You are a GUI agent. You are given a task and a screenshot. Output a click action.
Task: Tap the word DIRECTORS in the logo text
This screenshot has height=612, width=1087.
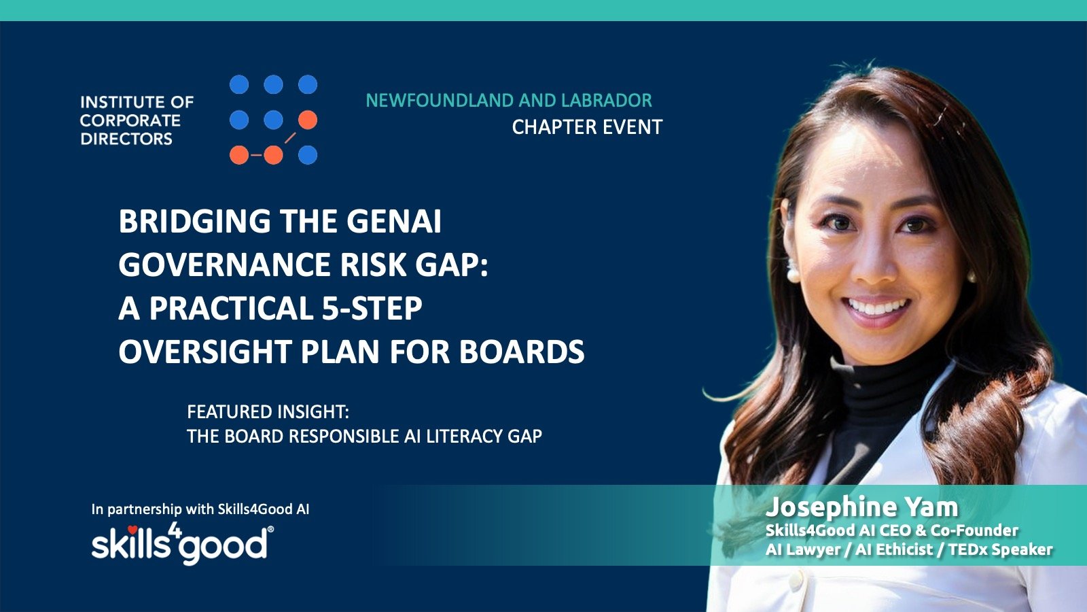126,139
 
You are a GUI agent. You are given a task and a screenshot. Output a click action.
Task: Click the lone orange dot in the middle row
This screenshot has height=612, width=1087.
308,120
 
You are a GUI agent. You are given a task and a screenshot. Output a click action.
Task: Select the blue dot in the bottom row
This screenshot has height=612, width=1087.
308,155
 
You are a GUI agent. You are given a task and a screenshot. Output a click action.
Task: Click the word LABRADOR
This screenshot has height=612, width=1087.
607,101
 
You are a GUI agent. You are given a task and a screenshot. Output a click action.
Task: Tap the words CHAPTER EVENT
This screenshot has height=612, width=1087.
587,127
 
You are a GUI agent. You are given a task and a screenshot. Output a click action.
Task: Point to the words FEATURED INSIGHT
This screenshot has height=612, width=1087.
268,412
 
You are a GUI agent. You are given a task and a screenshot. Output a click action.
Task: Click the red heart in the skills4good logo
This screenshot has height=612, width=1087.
132,530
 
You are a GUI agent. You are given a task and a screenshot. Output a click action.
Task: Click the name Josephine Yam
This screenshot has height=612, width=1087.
862,507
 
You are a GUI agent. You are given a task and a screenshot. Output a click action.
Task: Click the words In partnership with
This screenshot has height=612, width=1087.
153,509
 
